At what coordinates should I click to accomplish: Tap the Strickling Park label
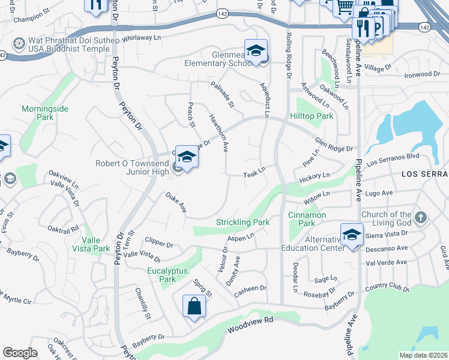[x=243, y=222]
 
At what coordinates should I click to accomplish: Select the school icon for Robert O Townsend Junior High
[x=187, y=157]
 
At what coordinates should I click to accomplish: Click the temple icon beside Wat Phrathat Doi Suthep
[x=19, y=44]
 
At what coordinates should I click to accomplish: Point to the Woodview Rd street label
[x=250, y=325]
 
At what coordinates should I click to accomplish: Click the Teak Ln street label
[x=254, y=173]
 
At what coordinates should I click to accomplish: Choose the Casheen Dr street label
[x=250, y=289]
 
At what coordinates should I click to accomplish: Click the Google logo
[x=20, y=352]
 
